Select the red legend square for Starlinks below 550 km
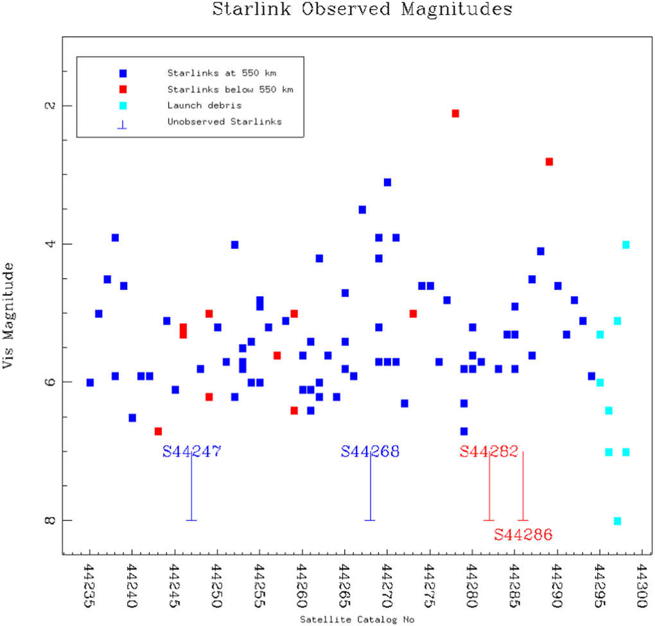tap(123, 89)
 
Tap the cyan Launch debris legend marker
tap(123, 105)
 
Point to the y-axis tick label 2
tap(49, 105)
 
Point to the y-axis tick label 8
tap(49, 520)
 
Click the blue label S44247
tap(191, 452)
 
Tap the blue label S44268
tap(370, 452)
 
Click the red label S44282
tap(489, 452)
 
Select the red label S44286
tap(523, 534)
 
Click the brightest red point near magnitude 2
tap(455, 114)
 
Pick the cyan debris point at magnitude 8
tap(617, 521)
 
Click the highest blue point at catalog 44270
tap(387, 182)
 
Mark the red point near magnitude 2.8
tap(549, 162)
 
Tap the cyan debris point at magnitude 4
tap(626, 244)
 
